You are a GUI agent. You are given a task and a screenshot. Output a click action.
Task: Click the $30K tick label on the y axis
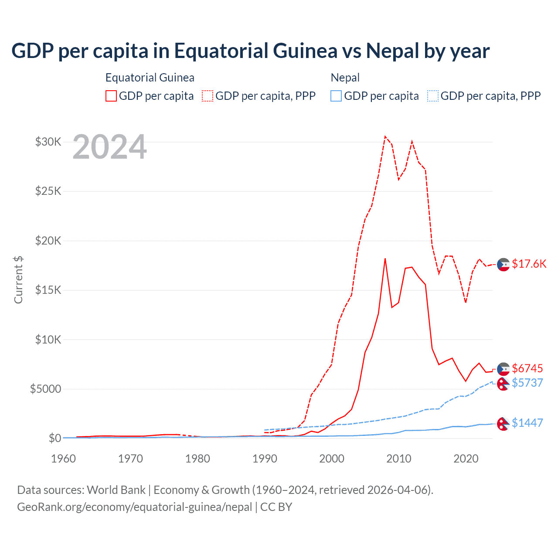48,142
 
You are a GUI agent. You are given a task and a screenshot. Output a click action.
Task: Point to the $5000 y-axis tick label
45,389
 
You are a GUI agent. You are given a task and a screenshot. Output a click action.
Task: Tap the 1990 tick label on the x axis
265,459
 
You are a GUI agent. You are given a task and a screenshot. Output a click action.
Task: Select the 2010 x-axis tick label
399,459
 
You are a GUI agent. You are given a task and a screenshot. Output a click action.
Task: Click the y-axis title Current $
18,279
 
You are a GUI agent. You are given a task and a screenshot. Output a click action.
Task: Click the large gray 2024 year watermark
109,147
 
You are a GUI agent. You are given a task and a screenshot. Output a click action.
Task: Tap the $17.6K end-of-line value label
529,264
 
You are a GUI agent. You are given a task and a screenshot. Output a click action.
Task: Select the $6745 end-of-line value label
527,368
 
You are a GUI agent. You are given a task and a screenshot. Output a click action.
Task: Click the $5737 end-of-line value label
527,383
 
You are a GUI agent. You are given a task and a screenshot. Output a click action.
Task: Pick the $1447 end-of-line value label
527,423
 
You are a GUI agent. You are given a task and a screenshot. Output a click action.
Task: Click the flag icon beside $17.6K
504,264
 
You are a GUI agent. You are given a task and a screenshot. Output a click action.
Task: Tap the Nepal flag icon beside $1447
504,424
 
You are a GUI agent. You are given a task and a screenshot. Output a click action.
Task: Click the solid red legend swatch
111,96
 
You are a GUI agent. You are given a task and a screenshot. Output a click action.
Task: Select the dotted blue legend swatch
433,96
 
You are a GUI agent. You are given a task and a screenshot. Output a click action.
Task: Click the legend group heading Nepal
345,78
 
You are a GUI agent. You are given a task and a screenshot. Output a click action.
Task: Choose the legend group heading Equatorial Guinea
150,78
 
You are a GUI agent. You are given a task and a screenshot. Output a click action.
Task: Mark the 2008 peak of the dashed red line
385,136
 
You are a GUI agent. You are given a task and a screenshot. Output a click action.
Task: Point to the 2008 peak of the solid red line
385,259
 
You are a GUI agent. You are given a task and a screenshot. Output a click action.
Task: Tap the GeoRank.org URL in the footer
135,507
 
